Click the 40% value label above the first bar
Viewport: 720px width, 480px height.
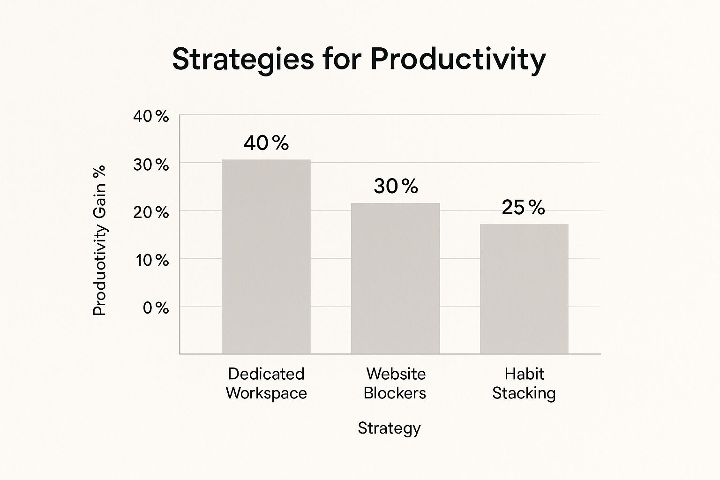[x=266, y=143]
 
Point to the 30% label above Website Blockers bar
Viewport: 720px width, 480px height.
[x=396, y=187]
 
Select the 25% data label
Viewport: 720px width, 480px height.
[x=523, y=208]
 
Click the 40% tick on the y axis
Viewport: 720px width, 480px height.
[x=151, y=116]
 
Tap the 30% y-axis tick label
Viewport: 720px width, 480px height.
[x=151, y=165]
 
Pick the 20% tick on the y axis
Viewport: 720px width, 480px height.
[x=151, y=212]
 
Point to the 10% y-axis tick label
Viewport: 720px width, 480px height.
[x=152, y=260]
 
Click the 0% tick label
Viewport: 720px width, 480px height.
[x=156, y=308]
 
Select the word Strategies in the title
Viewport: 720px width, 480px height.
[x=243, y=60]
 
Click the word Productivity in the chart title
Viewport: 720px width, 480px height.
[x=458, y=60]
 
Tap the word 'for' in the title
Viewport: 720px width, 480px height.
[x=342, y=60]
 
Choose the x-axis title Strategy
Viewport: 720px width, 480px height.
[x=389, y=428]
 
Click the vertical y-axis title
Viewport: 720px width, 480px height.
[x=99, y=240]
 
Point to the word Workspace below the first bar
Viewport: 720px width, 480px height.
[x=266, y=393]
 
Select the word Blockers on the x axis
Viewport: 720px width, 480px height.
[x=395, y=393]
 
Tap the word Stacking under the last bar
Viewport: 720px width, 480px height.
[x=524, y=393]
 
